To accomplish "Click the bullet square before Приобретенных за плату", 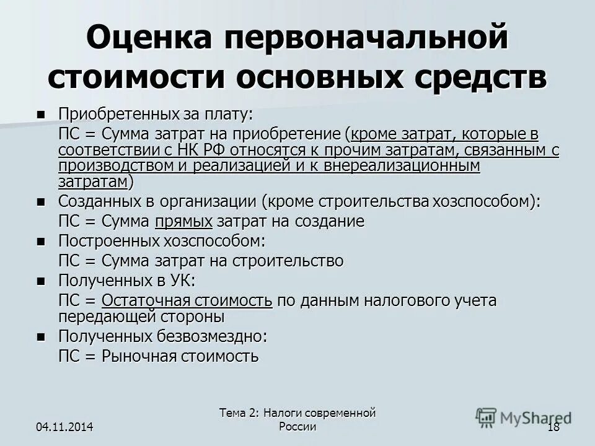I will [41, 115].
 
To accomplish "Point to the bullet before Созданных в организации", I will [41, 202].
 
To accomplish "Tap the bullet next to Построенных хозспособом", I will [41, 241].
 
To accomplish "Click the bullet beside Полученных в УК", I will [41, 281].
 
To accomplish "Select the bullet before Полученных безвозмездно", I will [41, 337].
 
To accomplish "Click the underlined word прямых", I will [184, 221].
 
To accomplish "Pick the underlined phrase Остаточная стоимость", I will [187, 301].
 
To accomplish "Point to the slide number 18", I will [554, 427].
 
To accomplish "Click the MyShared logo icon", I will [487, 416].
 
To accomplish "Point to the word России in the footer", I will [297, 427].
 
